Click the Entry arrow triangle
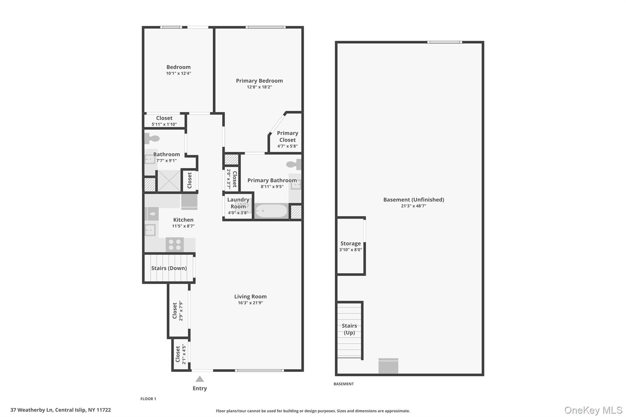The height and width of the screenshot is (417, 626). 200,379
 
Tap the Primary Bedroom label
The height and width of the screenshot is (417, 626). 259,81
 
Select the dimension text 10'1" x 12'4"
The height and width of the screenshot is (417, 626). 179,73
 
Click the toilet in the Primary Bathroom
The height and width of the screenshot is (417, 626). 294,164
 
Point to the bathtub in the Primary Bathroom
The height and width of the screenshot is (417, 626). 271,211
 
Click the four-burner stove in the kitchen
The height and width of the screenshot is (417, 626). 175,245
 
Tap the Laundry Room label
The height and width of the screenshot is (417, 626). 238,203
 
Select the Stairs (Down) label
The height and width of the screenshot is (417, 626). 169,268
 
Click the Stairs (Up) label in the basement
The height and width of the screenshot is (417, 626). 349,329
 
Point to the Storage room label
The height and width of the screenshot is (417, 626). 350,243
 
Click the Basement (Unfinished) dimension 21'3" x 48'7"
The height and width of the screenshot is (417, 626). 414,206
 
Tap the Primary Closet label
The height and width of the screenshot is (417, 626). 287,136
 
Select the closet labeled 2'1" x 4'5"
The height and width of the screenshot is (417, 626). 180,354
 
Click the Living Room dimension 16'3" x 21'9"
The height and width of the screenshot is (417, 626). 250,303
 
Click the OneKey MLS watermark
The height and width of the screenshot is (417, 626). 593,410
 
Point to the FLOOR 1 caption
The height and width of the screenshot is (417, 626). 148,399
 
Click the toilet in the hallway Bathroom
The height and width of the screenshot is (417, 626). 152,139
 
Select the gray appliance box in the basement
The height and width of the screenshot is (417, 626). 388,366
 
